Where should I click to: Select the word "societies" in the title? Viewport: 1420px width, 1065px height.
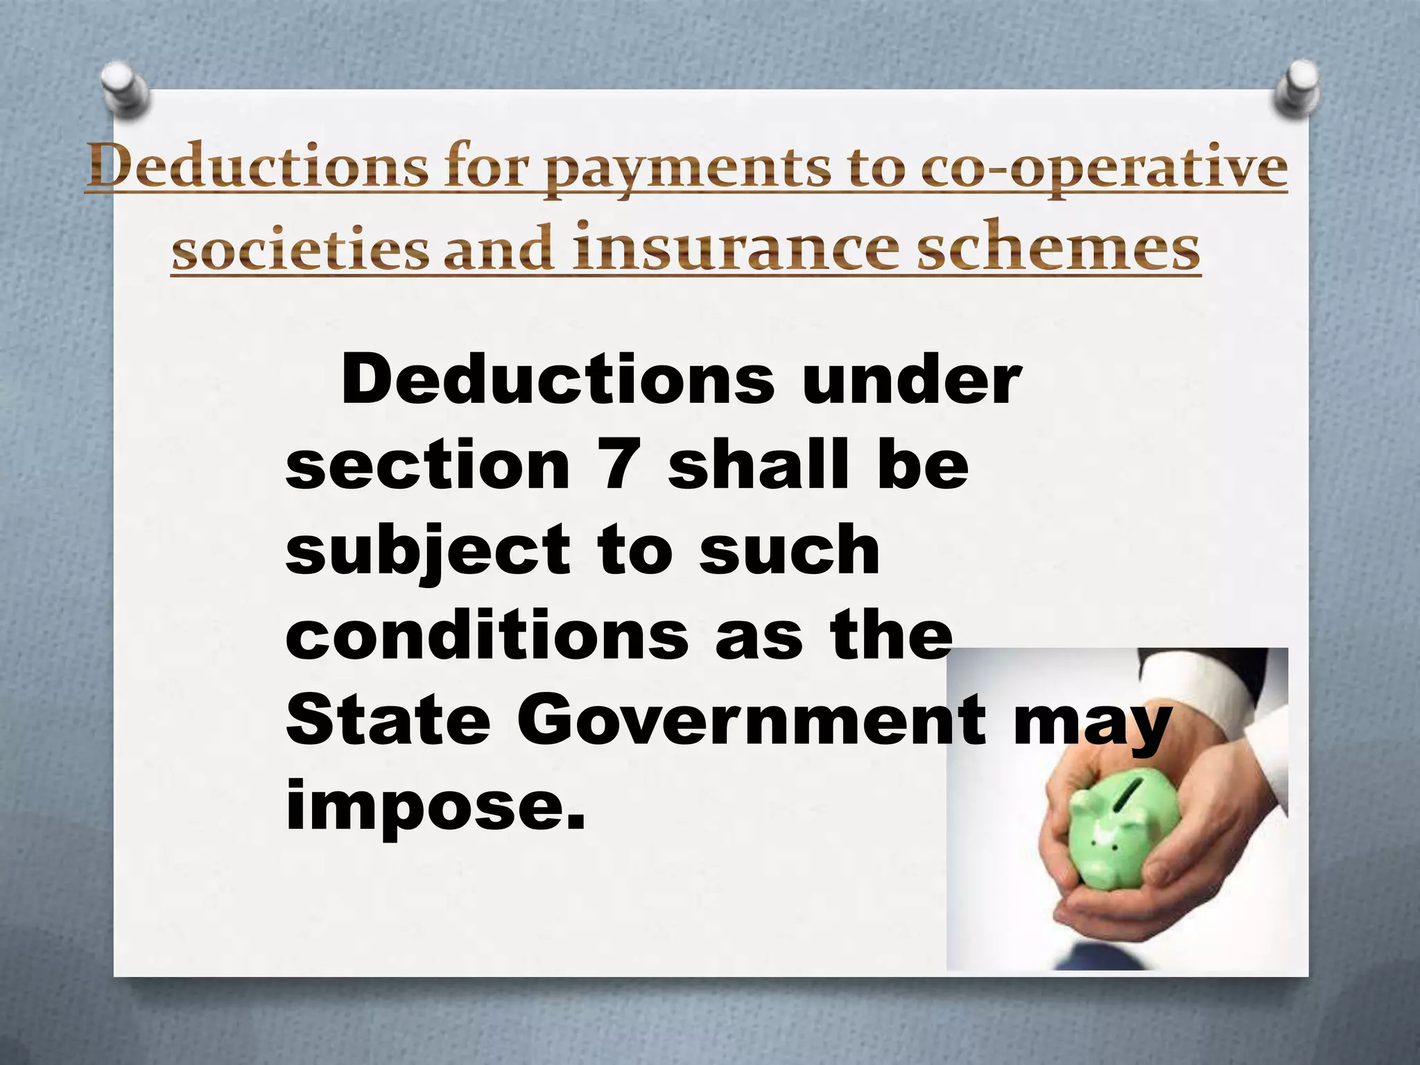[301, 248]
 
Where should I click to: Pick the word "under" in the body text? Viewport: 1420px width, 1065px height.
[912, 379]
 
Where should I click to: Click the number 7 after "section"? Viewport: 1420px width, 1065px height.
[617, 464]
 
